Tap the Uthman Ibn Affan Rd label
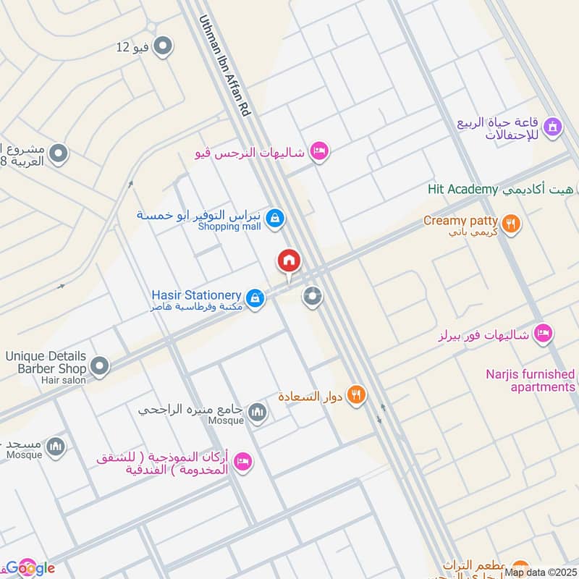pyautogui.click(x=224, y=67)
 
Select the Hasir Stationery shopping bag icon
pyautogui.click(x=254, y=297)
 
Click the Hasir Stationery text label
pyautogui.click(x=196, y=295)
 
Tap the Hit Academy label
pyautogui.click(x=462, y=190)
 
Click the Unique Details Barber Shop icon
pyautogui.click(x=99, y=365)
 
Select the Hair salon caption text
pyautogui.click(x=64, y=380)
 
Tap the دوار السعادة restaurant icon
pyautogui.click(x=355, y=395)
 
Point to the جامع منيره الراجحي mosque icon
pyautogui.click(x=258, y=413)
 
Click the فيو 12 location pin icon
pyautogui.click(x=164, y=47)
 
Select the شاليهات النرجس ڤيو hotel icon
pyautogui.click(x=318, y=151)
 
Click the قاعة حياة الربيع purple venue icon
pyautogui.click(x=554, y=127)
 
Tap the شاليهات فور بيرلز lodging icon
pyautogui.click(x=543, y=334)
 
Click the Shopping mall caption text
pyautogui.click(x=229, y=227)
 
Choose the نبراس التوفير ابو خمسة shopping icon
pyautogui.click(x=274, y=217)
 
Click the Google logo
pyautogui.click(x=30, y=567)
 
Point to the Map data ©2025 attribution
pyautogui.click(x=541, y=572)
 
